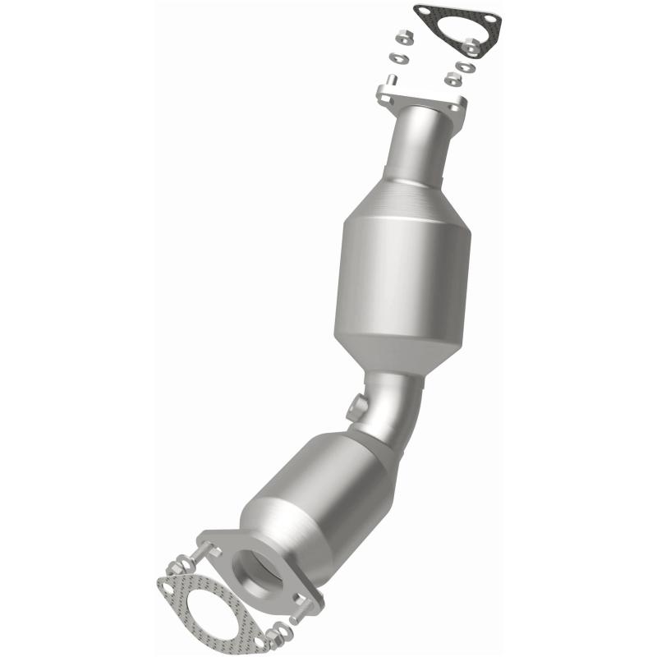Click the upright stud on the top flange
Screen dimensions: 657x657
[x=392, y=79]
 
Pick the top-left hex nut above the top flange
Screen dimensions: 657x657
[x=403, y=37]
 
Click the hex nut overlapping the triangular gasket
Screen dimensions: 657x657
[x=471, y=46]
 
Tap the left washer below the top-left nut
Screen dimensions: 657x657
[x=398, y=57]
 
